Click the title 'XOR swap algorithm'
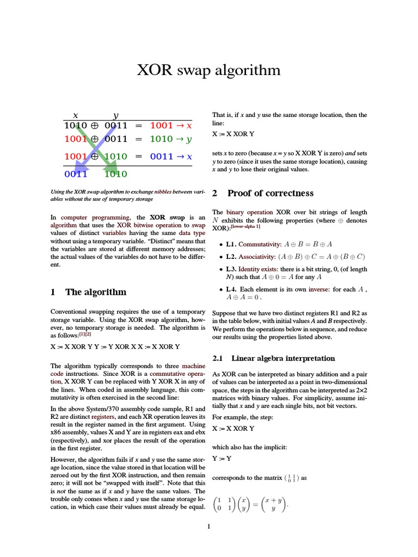pyautogui.click(x=208, y=70)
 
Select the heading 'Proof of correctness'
pyautogui.click(x=262, y=193)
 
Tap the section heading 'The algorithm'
pyautogui.click(x=95, y=292)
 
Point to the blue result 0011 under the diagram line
pyautogui.click(x=76, y=175)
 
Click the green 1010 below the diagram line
pyautogui.click(x=115, y=175)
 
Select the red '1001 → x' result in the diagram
pyautogui.click(x=171, y=126)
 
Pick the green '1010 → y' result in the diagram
pyautogui.click(x=171, y=139)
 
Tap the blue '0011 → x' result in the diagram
pyautogui.click(x=171, y=157)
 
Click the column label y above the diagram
pyautogui.click(x=115, y=115)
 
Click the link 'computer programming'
pyautogui.click(x=82, y=218)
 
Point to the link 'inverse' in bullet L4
pyautogui.click(x=318, y=289)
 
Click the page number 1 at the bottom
pyautogui.click(x=208, y=527)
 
